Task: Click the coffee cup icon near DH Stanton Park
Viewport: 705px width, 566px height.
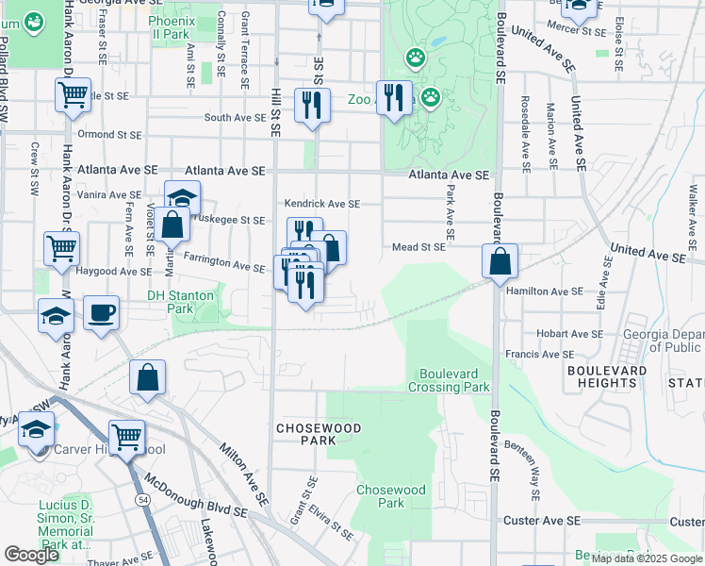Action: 101,312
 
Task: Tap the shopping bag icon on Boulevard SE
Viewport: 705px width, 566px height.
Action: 501,260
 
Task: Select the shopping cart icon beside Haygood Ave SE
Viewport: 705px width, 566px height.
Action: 62,249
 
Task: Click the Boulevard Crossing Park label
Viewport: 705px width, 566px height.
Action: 449,380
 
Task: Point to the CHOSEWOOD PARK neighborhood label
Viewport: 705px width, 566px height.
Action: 305,434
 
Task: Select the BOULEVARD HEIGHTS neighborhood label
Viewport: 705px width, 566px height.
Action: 608,377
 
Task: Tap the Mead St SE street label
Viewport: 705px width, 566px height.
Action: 418,247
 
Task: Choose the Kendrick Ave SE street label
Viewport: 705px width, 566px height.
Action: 322,204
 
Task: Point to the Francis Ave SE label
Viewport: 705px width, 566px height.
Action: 541,355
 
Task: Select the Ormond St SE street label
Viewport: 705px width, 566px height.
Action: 109,134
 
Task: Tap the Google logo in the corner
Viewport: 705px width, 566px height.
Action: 31,555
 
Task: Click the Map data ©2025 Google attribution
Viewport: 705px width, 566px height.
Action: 646,558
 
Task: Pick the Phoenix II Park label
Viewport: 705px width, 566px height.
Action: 170,26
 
